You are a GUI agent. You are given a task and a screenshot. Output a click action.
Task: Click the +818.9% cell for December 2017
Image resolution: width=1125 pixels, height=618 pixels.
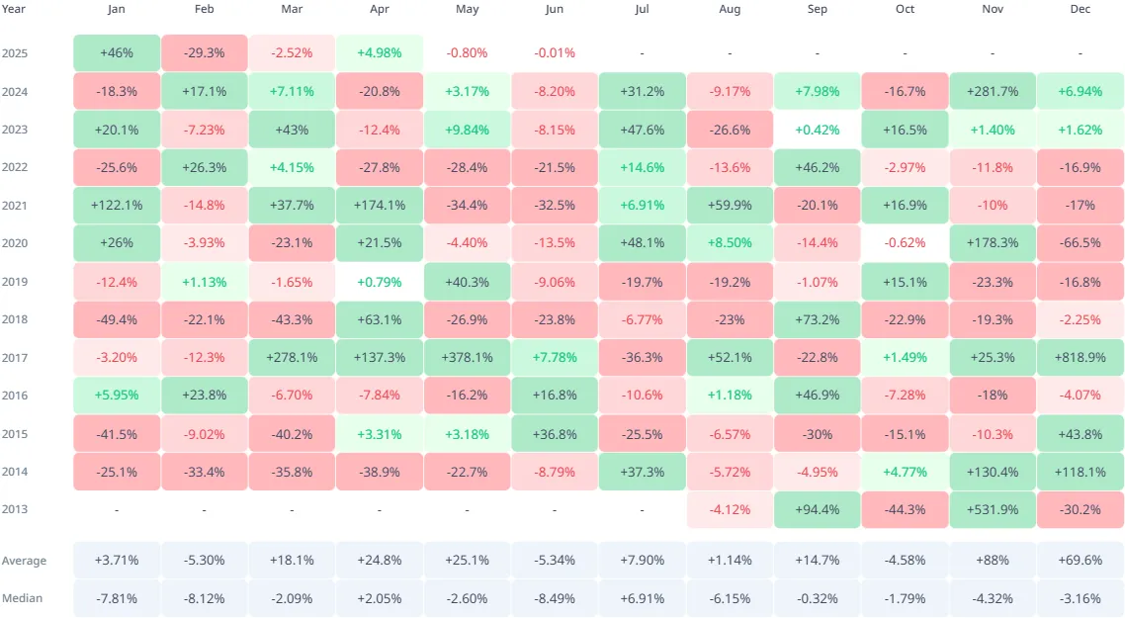point(1081,357)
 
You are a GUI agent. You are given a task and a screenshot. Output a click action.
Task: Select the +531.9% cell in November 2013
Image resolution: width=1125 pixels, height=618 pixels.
point(993,509)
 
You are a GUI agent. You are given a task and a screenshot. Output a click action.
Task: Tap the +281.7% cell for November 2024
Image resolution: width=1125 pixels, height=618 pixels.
point(993,91)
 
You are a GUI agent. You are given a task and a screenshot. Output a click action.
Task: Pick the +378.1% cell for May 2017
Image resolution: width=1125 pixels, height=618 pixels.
point(467,357)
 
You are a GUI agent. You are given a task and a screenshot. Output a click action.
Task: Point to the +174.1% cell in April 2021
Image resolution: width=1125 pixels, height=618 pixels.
point(379,205)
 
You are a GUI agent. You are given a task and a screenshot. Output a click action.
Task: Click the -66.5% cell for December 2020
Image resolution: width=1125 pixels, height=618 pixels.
point(1081,243)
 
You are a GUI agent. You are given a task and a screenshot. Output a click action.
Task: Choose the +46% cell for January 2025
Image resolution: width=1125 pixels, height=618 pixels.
point(117,52)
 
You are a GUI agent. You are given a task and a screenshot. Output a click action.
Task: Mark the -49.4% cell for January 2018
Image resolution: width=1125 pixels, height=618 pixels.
point(117,319)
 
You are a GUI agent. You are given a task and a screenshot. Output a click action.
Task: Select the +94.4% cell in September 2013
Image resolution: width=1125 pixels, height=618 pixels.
point(818,509)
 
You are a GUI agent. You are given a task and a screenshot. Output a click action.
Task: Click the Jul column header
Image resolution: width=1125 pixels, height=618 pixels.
point(643,9)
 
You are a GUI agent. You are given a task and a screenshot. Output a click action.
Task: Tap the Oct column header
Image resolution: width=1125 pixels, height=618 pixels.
point(905,9)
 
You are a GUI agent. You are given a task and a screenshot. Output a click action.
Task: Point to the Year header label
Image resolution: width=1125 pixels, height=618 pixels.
point(16,9)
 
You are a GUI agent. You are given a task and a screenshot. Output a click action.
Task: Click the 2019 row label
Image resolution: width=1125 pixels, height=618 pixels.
point(16,281)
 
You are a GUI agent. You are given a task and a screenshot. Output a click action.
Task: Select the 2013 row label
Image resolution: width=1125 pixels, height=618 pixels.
point(16,509)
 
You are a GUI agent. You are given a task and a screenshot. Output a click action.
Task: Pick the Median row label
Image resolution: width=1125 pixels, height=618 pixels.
point(24,598)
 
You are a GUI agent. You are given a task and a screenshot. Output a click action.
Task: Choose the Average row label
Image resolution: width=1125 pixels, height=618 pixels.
point(24,561)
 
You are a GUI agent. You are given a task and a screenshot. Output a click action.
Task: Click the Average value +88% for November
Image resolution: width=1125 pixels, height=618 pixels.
point(993,561)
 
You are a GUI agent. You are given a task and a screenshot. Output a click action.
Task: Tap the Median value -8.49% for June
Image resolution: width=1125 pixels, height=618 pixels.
point(555,598)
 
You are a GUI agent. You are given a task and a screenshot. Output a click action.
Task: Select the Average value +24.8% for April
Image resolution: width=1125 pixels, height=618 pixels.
point(379,561)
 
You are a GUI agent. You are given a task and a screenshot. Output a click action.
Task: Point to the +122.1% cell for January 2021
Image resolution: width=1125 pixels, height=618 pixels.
point(117,205)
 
